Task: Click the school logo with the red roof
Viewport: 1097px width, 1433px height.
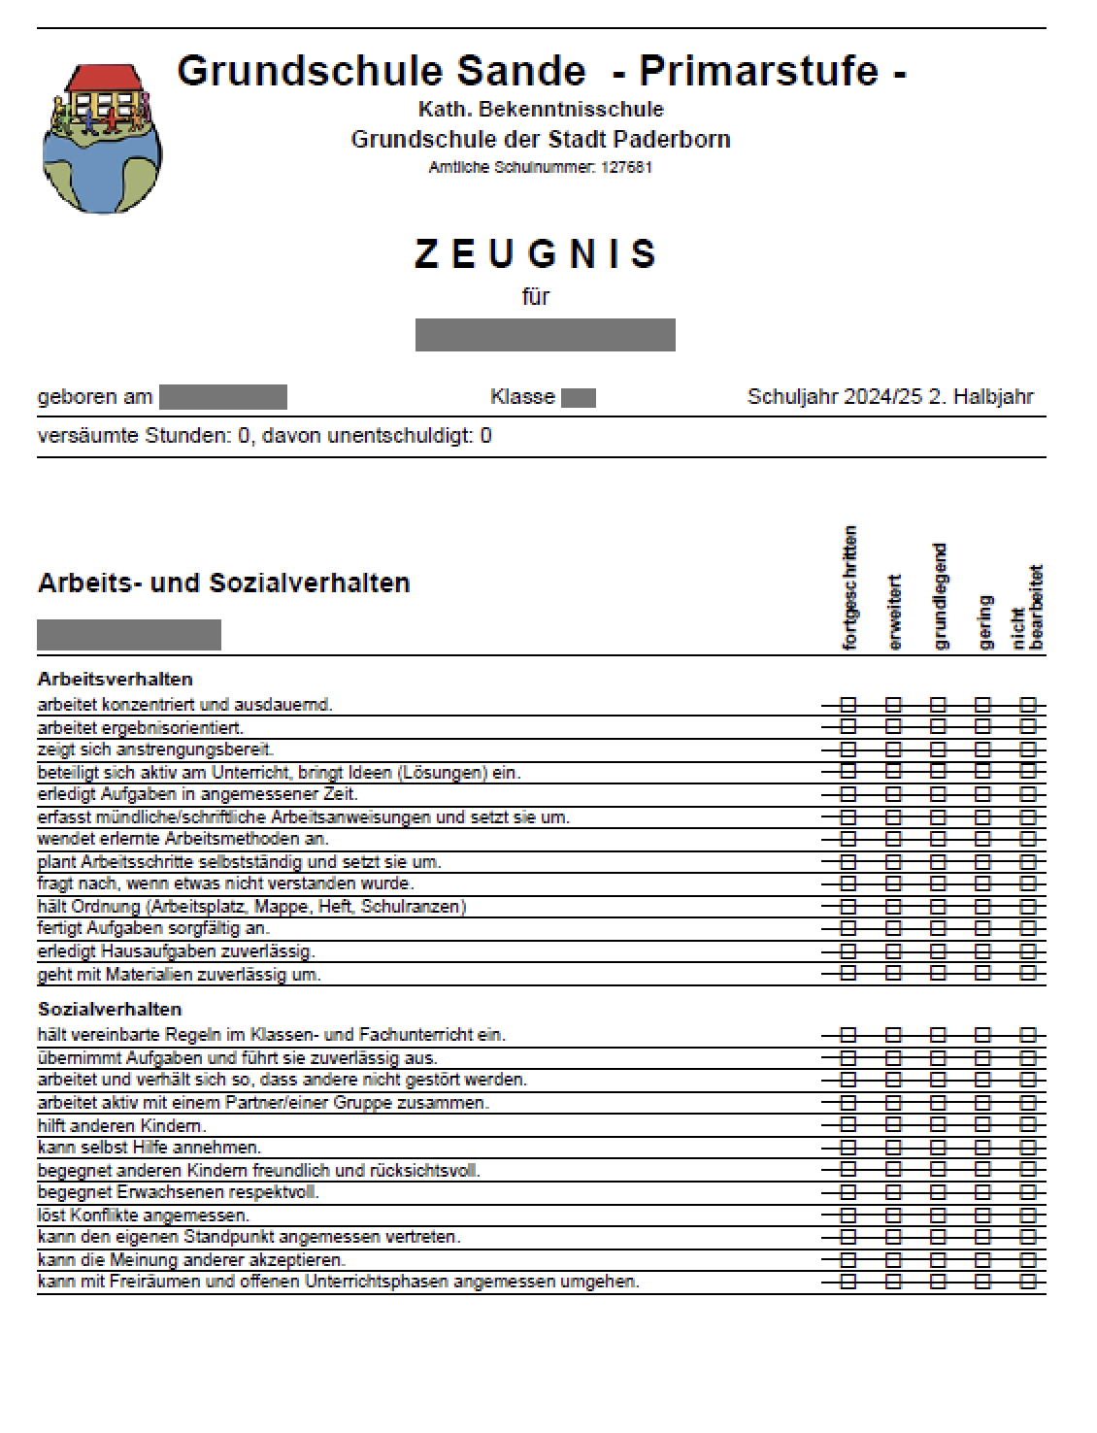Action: (102, 137)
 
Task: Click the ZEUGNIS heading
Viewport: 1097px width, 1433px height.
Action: (536, 254)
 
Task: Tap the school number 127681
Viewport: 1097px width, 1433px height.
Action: (626, 167)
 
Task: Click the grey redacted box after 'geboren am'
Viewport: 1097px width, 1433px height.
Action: (223, 397)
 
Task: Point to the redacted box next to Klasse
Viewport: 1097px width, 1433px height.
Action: (578, 398)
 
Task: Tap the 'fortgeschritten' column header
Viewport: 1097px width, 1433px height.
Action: (849, 587)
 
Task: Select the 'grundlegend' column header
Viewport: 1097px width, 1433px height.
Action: (939, 595)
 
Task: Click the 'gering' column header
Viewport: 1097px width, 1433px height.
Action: (984, 621)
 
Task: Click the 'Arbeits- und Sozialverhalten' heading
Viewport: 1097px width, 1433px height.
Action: (223, 583)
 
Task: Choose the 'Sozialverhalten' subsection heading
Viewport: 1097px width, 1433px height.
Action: (110, 1009)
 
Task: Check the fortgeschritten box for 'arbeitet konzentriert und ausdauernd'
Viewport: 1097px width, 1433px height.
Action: (848, 705)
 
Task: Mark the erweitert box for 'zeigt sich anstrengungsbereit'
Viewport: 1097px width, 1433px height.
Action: (893, 750)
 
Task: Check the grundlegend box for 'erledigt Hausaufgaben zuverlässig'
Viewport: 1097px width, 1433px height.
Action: (938, 951)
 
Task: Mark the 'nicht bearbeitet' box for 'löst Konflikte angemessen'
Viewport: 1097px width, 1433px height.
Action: (1028, 1215)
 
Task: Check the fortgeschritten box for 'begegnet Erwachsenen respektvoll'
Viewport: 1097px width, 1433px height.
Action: (848, 1192)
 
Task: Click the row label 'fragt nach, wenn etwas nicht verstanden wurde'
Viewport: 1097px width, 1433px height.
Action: (225, 883)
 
